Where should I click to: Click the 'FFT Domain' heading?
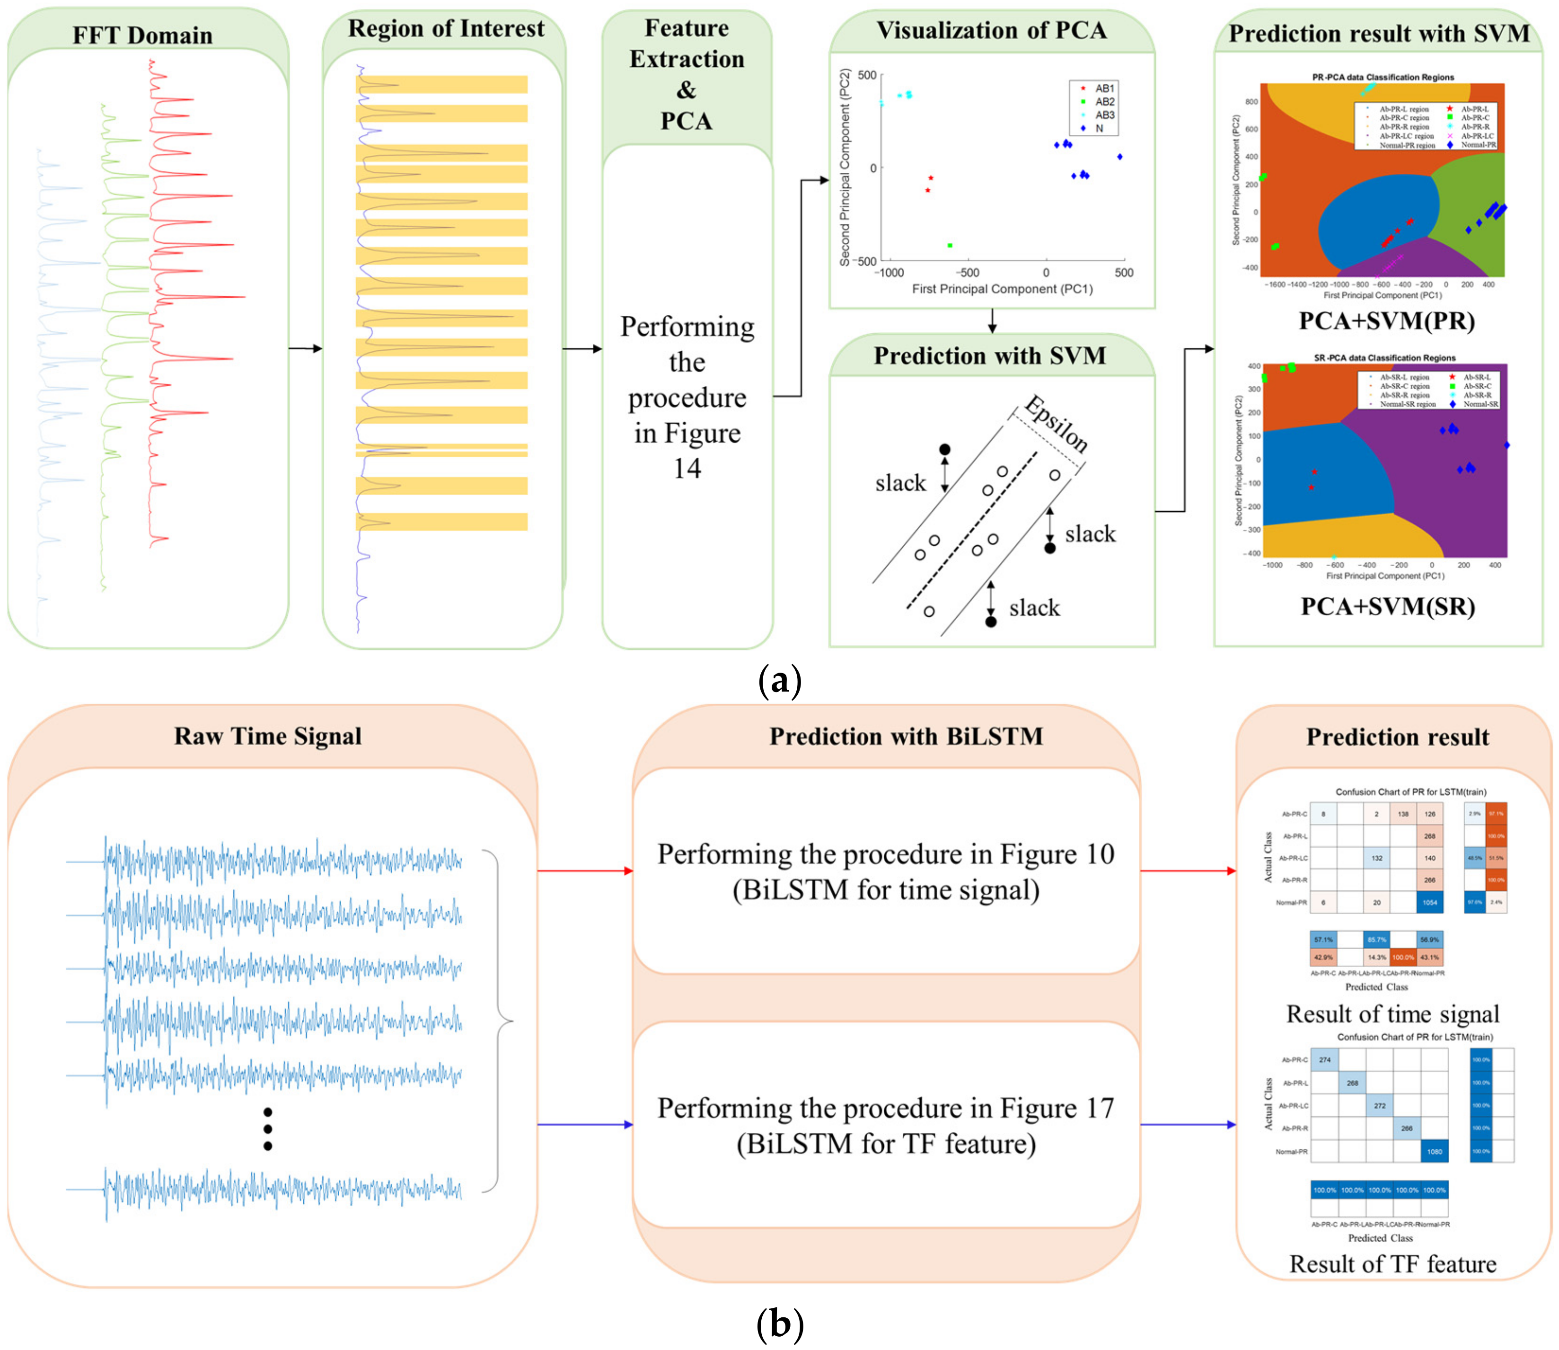142,36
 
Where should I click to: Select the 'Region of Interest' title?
446,28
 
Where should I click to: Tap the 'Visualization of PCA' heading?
991,30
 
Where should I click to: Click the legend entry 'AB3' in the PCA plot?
1104,115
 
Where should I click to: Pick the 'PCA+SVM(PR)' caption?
1386,321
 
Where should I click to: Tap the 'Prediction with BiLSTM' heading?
906,736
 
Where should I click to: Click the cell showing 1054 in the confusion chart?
1429,902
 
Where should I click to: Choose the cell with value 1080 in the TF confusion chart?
1434,1151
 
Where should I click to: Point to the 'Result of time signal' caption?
1392,1014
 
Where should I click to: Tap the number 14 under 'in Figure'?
687,469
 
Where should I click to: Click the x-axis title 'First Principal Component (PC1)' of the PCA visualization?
1002,289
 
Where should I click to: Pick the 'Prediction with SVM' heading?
990,355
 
